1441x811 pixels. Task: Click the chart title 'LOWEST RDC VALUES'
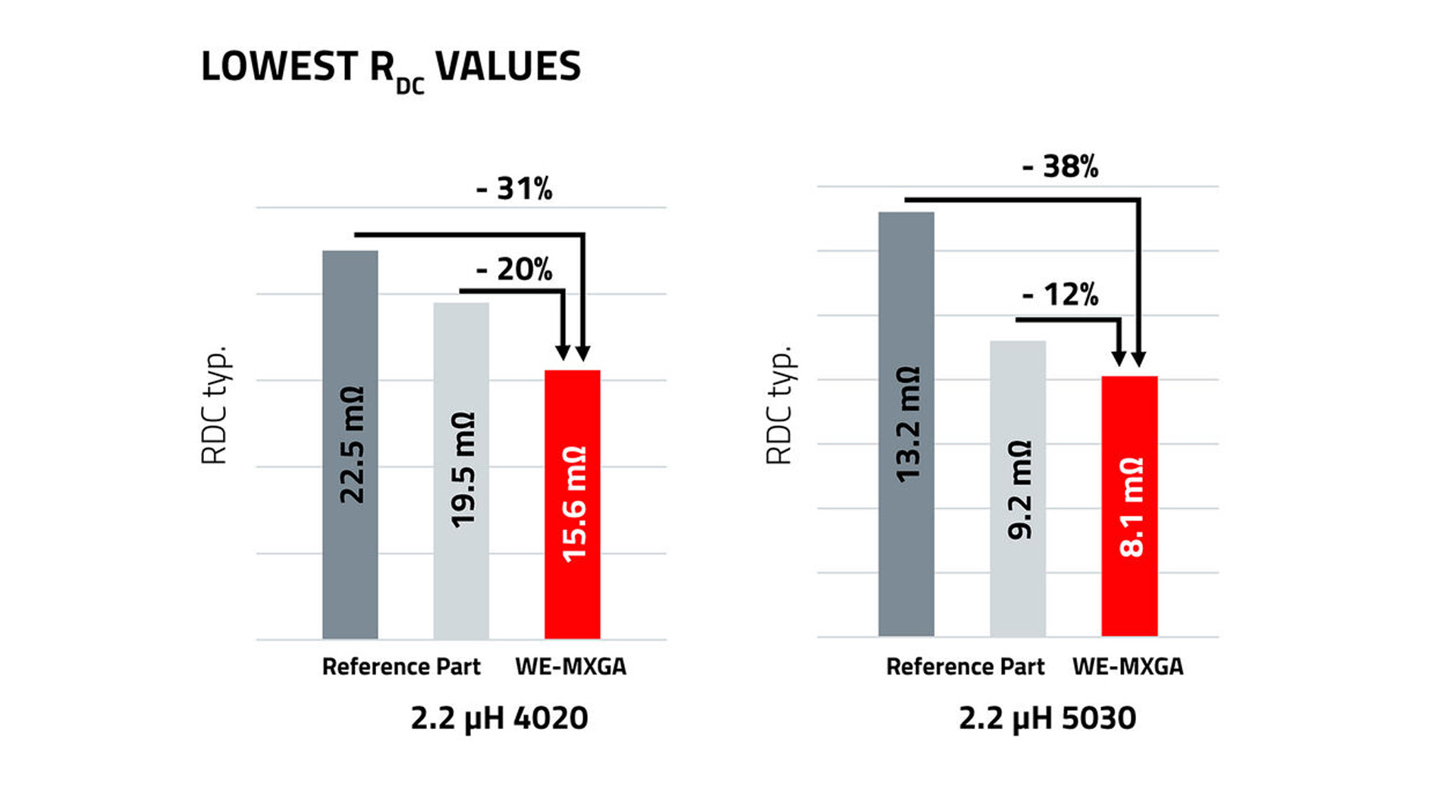coord(391,68)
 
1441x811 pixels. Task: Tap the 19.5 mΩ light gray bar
coord(461,470)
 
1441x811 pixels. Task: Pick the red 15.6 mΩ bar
coord(573,505)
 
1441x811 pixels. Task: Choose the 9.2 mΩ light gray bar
coord(1018,489)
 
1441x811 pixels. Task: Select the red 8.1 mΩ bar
coord(1129,506)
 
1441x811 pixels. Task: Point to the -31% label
coord(514,189)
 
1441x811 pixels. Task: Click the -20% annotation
coord(514,269)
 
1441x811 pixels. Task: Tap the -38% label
coord(1060,167)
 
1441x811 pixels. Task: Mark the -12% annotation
coord(1060,294)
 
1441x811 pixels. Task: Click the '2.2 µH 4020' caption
coord(499,718)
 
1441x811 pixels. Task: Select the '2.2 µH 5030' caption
coord(1047,718)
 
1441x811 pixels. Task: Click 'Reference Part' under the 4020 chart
coord(401,667)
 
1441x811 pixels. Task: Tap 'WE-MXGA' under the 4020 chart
coord(571,667)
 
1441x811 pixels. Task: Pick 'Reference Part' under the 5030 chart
coord(965,667)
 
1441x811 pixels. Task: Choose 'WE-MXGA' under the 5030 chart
coord(1128,667)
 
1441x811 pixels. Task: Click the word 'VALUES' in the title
coord(508,66)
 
